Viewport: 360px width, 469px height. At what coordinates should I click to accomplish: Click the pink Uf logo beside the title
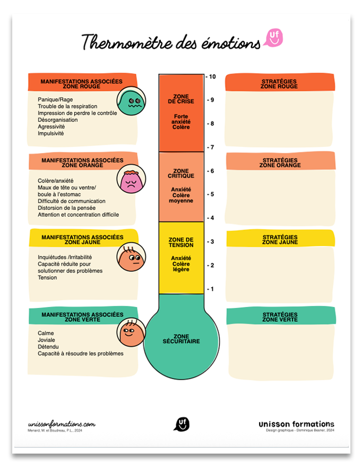pos(273,38)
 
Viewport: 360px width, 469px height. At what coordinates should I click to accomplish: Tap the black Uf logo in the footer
pos(182,424)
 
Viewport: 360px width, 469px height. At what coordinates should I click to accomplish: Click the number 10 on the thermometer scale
pos(212,76)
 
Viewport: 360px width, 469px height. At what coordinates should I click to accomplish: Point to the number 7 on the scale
pos(212,147)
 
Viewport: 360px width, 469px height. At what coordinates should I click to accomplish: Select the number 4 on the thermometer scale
pos(212,218)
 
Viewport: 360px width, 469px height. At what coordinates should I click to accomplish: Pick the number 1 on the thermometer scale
pos(212,289)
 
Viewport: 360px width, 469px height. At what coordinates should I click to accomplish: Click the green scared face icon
pos(131,101)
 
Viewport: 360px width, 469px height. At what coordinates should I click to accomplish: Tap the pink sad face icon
pos(131,179)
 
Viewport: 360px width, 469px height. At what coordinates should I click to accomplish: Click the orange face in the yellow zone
pos(131,257)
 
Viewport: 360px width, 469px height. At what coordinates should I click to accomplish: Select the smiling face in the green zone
pos(131,332)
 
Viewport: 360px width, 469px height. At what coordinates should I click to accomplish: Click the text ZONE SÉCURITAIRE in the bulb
pos(181,338)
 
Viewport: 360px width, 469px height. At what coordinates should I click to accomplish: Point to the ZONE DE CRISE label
pos(181,99)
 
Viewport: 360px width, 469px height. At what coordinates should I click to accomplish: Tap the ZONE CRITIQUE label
pos(181,173)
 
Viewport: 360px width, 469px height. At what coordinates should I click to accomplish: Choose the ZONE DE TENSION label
pos(181,242)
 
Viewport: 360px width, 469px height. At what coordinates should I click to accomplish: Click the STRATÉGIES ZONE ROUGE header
pos(279,84)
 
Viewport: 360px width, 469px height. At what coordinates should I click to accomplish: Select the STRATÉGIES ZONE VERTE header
pos(280,317)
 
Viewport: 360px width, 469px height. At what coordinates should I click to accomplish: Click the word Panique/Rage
pos(55,100)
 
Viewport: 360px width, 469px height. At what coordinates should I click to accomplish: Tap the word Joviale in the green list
pos(46,340)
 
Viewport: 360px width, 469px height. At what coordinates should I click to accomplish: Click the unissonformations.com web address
pos(62,424)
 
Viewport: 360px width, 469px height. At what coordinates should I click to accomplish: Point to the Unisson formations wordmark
pos(296,424)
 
